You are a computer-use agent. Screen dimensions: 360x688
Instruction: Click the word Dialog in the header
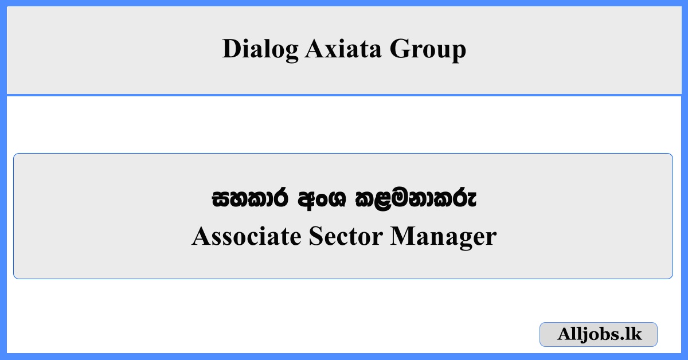point(260,49)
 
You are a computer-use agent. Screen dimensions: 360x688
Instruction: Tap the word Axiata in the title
point(343,49)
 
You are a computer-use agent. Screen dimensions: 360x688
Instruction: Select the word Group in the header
point(428,49)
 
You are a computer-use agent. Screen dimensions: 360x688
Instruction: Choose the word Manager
point(443,236)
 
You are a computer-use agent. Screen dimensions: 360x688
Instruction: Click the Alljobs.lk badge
point(599,334)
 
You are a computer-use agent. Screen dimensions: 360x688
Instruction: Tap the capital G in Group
point(400,49)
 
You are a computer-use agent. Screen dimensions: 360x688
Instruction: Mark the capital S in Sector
point(315,236)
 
